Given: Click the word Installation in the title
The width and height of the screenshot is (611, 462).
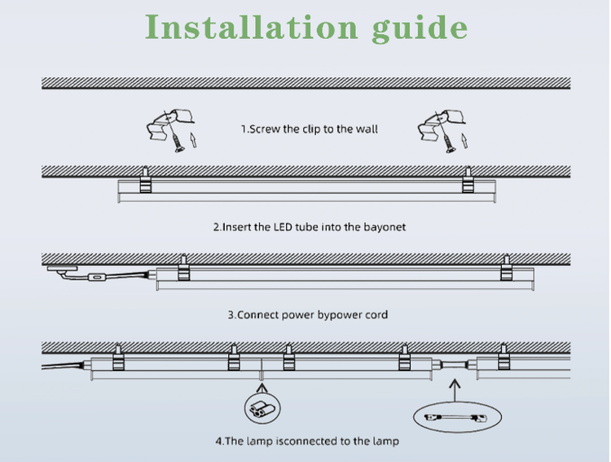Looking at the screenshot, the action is click(x=252, y=27).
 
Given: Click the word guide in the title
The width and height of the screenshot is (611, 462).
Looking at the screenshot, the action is click(x=420, y=28).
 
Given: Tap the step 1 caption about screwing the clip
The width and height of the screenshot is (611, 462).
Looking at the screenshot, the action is click(x=310, y=129).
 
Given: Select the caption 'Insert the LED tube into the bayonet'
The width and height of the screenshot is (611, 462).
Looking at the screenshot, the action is click(x=310, y=227).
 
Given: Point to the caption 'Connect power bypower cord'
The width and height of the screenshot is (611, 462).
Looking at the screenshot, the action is click(x=308, y=315).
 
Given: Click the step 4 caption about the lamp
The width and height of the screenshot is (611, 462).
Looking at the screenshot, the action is click(x=307, y=441).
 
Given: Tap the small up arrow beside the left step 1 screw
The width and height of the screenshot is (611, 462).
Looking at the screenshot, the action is click(x=192, y=140).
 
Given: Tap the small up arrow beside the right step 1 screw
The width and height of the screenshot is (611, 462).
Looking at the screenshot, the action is click(x=464, y=141).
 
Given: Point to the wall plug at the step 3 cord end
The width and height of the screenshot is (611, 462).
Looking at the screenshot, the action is click(x=63, y=268).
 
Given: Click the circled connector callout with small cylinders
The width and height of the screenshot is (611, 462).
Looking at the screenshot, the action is click(x=262, y=408).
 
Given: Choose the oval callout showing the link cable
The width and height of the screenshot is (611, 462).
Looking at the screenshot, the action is click(x=458, y=417).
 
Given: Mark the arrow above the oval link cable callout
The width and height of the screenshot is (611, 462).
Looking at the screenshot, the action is click(x=455, y=390).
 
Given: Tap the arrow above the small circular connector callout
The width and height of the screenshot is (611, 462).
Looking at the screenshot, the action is click(x=262, y=388).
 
